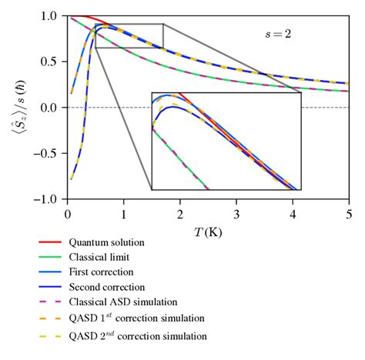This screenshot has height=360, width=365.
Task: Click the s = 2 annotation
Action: point(278,34)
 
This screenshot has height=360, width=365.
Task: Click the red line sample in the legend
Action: point(54,242)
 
